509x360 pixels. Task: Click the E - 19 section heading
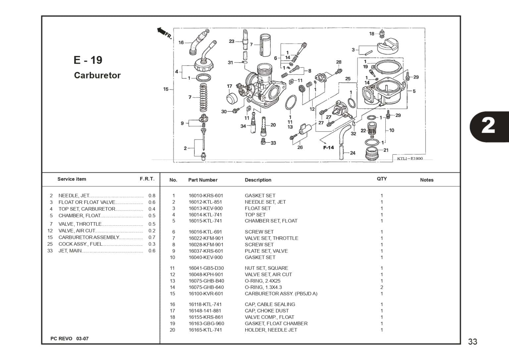[x=88, y=60]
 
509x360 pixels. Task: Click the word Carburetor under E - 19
[x=97, y=75]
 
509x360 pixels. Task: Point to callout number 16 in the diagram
[x=181, y=42]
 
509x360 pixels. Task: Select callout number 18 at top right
[x=372, y=33]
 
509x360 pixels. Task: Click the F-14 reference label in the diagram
[x=328, y=147]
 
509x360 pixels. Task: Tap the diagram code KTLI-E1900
[x=410, y=158]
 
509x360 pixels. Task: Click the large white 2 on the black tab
[x=488, y=126]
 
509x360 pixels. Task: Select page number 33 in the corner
[x=473, y=341]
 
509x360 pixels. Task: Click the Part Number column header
[x=203, y=180]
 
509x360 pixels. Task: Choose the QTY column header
[x=382, y=179]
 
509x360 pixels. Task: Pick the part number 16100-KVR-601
[x=206, y=293]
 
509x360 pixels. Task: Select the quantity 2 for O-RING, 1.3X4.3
[x=382, y=287]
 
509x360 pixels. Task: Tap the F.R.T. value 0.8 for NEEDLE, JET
[x=152, y=196]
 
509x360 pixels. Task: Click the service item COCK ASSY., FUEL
[x=81, y=244]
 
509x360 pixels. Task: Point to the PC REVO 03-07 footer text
[x=69, y=338]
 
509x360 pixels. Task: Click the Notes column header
[x=426, y=180]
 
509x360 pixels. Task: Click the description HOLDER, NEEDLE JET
[x=271, y=330]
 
